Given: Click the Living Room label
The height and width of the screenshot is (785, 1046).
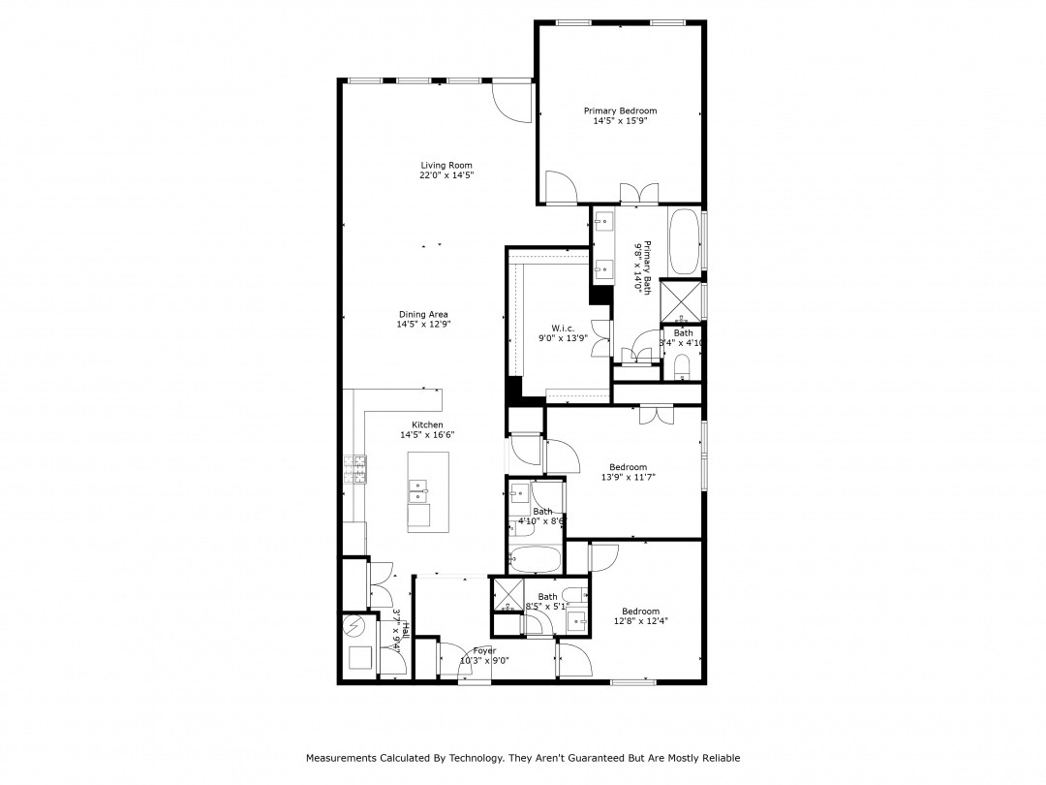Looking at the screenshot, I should tap(446, 165).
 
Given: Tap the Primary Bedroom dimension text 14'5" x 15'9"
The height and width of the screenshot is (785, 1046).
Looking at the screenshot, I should tap(620, 121).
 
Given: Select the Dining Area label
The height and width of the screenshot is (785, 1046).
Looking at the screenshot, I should tap(423, 314).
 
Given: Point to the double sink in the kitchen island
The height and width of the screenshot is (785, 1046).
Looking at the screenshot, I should tap(418, 491).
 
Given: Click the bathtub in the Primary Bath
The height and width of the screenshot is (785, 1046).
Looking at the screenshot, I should tap(683, 241).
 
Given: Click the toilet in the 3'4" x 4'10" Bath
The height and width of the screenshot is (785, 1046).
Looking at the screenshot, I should tap(682, 366).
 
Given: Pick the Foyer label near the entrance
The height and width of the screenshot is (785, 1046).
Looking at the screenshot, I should tap(484, 650).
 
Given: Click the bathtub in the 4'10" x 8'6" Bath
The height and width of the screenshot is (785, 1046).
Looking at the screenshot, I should tap(535, 559).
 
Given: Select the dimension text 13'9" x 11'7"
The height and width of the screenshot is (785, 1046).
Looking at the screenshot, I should tap(628, 477).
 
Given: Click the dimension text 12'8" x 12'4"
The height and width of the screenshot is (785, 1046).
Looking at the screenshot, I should tap(640, 621).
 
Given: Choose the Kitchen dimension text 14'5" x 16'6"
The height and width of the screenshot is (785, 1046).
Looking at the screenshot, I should tap(427, 435).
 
